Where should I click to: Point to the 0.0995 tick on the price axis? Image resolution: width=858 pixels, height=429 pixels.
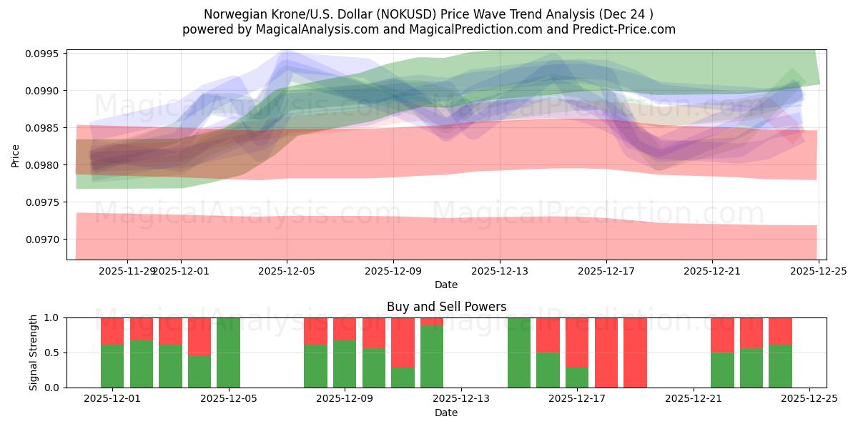pos(44,54)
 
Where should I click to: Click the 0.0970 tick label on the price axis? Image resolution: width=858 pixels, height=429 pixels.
pos(44,240)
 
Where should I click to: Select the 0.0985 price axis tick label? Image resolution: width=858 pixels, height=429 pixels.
pos(44,128)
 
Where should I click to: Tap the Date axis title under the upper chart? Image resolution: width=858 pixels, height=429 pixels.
pos(446,285)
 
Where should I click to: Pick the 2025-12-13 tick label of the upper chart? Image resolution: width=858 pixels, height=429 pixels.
pos(500,271)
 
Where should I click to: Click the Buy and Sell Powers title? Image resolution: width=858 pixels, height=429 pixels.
pos(446,307)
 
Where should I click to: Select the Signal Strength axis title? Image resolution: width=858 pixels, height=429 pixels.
pos(33,352)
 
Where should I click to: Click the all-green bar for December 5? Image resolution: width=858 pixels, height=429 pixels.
pos(228,352)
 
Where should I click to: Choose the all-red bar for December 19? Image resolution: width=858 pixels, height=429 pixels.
pos(635,352)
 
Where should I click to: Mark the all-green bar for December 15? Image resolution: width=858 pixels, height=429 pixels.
pos(519,352)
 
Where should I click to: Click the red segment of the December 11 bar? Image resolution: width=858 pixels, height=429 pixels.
pos(403,342)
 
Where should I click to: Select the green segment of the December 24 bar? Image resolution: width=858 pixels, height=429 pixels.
pos(780,366)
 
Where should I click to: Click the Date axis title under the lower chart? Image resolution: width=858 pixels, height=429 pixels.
pos(446,413)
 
